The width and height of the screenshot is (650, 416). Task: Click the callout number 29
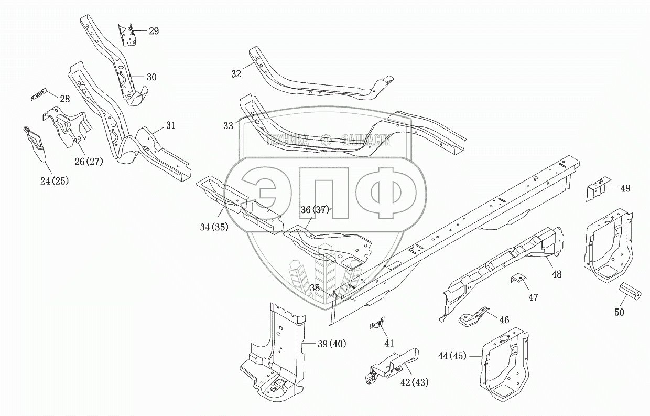click(x=154, y=31)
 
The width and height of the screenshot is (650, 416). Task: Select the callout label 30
click(x=151, y=77)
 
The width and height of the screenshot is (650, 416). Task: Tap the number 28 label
click(x=64, y=99)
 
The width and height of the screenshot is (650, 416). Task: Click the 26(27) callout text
click(x=88, y=161)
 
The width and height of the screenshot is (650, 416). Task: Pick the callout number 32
click(x=236, y=74)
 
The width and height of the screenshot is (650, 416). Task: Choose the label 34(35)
click(x=213, y=227)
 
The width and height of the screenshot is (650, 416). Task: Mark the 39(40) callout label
click(x=332, y=344)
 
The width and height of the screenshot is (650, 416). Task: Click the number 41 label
click(x=388, y=343)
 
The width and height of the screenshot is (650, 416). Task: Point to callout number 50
click(x=619, y=313)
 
